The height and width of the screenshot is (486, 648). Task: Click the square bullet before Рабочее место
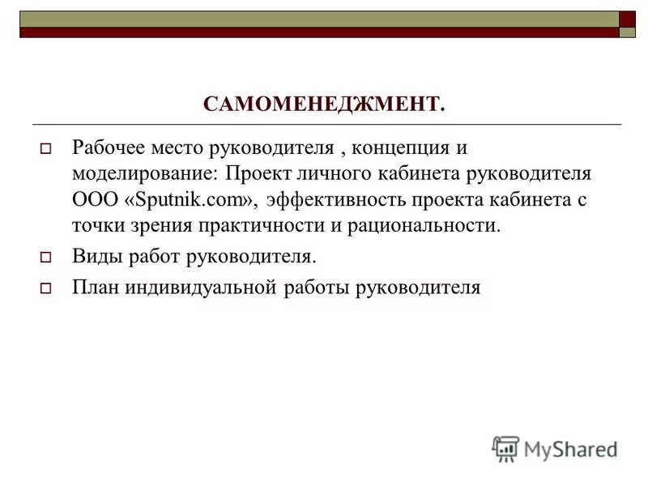(x=46, y=149)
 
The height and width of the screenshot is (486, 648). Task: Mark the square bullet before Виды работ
(x=46, y=258)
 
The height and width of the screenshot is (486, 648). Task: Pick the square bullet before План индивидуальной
(x=46, y=288)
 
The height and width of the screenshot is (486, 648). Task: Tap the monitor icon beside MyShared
(x=505, y=448)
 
